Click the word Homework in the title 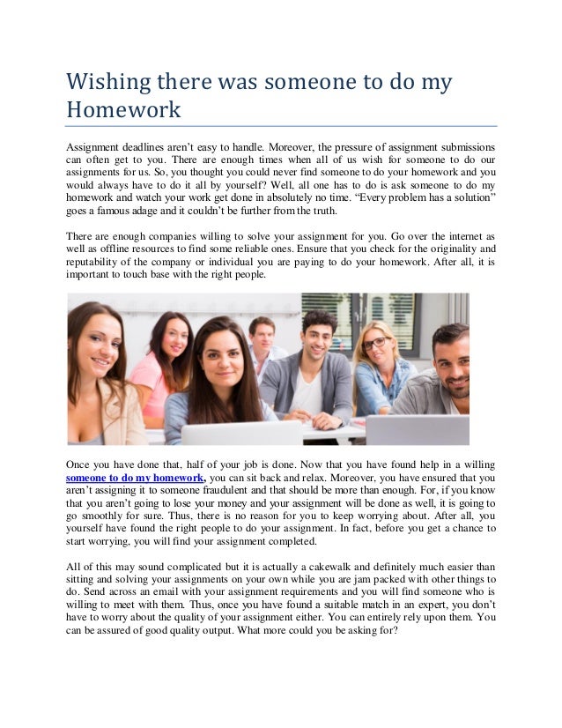point(124,111)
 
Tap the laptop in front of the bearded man point(418,430)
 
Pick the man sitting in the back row point(263,342)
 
